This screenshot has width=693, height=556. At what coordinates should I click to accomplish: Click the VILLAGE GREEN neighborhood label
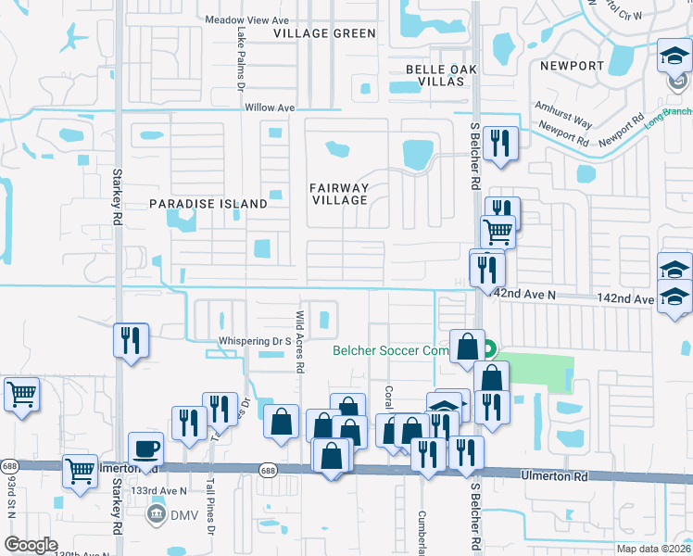pyautogui.click(x=324, y=33)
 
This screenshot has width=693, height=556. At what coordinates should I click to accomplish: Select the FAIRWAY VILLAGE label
pyautogui.click(x=339, y=194)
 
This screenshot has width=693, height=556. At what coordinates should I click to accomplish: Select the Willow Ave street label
pyautogui.click(x=270, y=107)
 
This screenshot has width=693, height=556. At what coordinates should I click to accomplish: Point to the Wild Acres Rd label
pyautogui.click(x=299, y=341)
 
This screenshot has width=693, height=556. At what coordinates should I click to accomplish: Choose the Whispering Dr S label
pyautogui.click(x=255, y=341)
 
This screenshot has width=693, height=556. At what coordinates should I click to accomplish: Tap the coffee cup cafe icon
pyautogui.click(x=146, y=449)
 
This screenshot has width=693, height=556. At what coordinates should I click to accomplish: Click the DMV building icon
pyautogui.click(x=156, y=512)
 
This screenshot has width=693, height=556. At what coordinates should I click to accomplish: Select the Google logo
pyautogui.click(x=31, y=545)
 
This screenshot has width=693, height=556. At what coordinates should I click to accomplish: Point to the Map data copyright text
pyautogui.click(x=653, y=549)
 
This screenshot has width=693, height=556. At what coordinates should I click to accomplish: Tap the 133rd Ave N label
pyautogui.click(x=158, y=490)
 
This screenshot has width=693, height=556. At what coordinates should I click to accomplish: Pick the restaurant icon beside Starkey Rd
pyautogui.click(x=131, y=339)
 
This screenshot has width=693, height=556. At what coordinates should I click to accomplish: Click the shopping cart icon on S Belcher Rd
pyautogui.click(x=498, y=230)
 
